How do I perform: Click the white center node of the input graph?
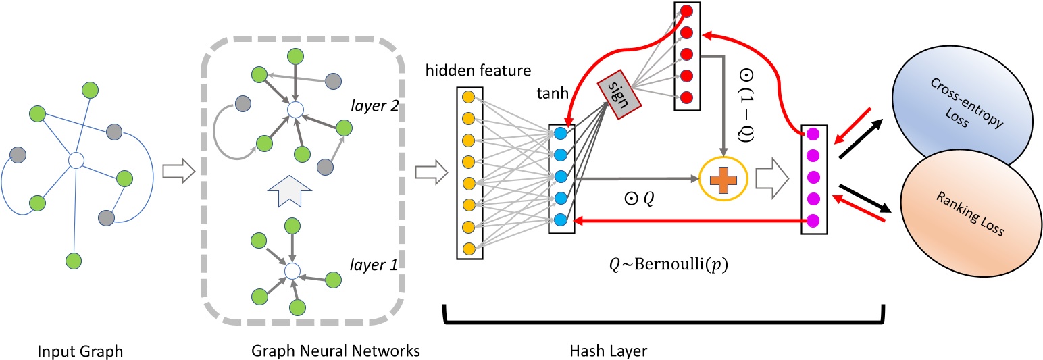[76, 160]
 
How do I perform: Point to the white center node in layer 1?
[291, 271]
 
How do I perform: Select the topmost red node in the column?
[687, 11]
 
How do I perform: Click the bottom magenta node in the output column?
[813, 220]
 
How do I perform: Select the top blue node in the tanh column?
[561, 134]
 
